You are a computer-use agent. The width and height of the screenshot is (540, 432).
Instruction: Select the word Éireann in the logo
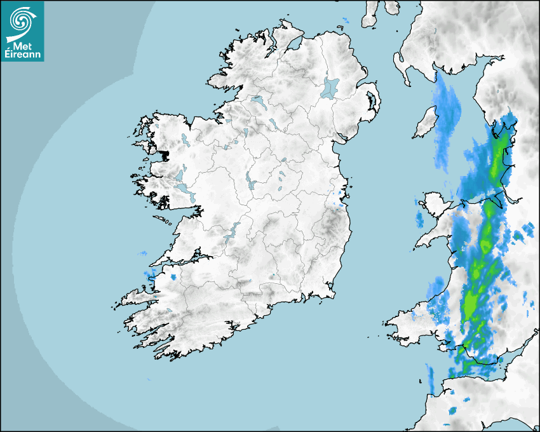[24, 55]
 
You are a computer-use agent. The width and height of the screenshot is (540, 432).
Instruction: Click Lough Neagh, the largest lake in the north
[330, 87]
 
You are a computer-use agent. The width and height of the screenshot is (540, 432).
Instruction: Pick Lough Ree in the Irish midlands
[249, 181]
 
